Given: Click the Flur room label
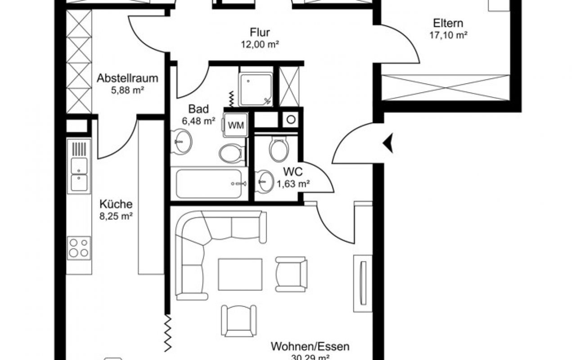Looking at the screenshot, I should tap(260, 32).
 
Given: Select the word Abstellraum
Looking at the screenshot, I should tap(127, 78).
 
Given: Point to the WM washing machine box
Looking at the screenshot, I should tap(235, 125).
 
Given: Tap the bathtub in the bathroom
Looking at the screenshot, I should tap(210, 183).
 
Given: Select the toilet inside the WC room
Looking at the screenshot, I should tap(279, 149).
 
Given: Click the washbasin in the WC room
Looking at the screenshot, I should tap(264, 181).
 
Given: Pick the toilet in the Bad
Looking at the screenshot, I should tap(232, 153).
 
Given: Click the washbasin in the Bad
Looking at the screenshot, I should tap(182, 141).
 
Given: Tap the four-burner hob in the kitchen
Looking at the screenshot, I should tap(79, 247).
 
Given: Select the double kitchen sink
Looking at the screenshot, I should tap(79, 173).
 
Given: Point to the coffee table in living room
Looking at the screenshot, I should tap(240, 274).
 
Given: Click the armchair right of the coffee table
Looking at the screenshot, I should tap(291, 274).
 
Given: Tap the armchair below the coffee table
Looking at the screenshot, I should tap(238, 320).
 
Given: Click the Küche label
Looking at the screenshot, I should tap(116, 204).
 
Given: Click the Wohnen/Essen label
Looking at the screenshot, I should tap(310, 347).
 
